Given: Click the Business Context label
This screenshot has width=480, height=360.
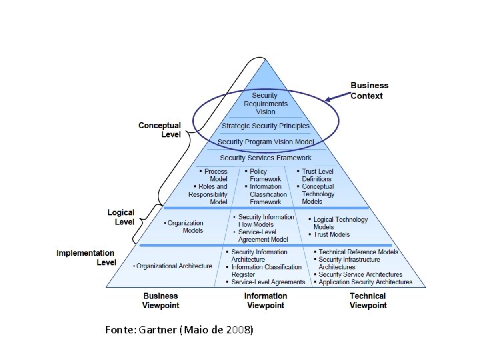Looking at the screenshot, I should point(369,90).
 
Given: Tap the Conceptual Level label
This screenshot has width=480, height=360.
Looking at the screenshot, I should point(159,129).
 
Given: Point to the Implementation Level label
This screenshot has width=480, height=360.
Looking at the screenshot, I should point(85,257).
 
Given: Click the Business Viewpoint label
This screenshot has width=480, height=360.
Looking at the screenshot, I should point(160,300).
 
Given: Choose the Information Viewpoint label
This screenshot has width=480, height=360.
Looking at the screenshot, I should point(265,300).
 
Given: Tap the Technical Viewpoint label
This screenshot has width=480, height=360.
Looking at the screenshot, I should point(368,300).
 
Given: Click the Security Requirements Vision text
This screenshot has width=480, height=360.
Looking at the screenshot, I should point(265,103).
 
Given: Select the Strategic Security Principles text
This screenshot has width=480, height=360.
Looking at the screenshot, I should point(265,126).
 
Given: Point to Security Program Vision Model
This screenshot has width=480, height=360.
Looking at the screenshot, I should point(265,142).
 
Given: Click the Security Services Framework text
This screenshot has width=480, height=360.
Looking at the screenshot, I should point(265,158).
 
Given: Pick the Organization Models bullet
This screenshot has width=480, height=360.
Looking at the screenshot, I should point(185,227).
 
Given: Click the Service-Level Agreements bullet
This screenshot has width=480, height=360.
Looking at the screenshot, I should point(267,282).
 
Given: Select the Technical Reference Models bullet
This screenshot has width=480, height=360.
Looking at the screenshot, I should point(357,252).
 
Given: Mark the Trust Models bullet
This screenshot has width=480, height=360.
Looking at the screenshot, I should point(331,235).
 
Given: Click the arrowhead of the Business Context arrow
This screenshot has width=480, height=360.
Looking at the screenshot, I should point(326,101).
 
